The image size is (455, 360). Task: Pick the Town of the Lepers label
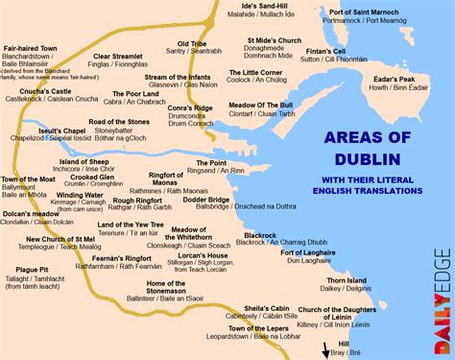288,328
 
